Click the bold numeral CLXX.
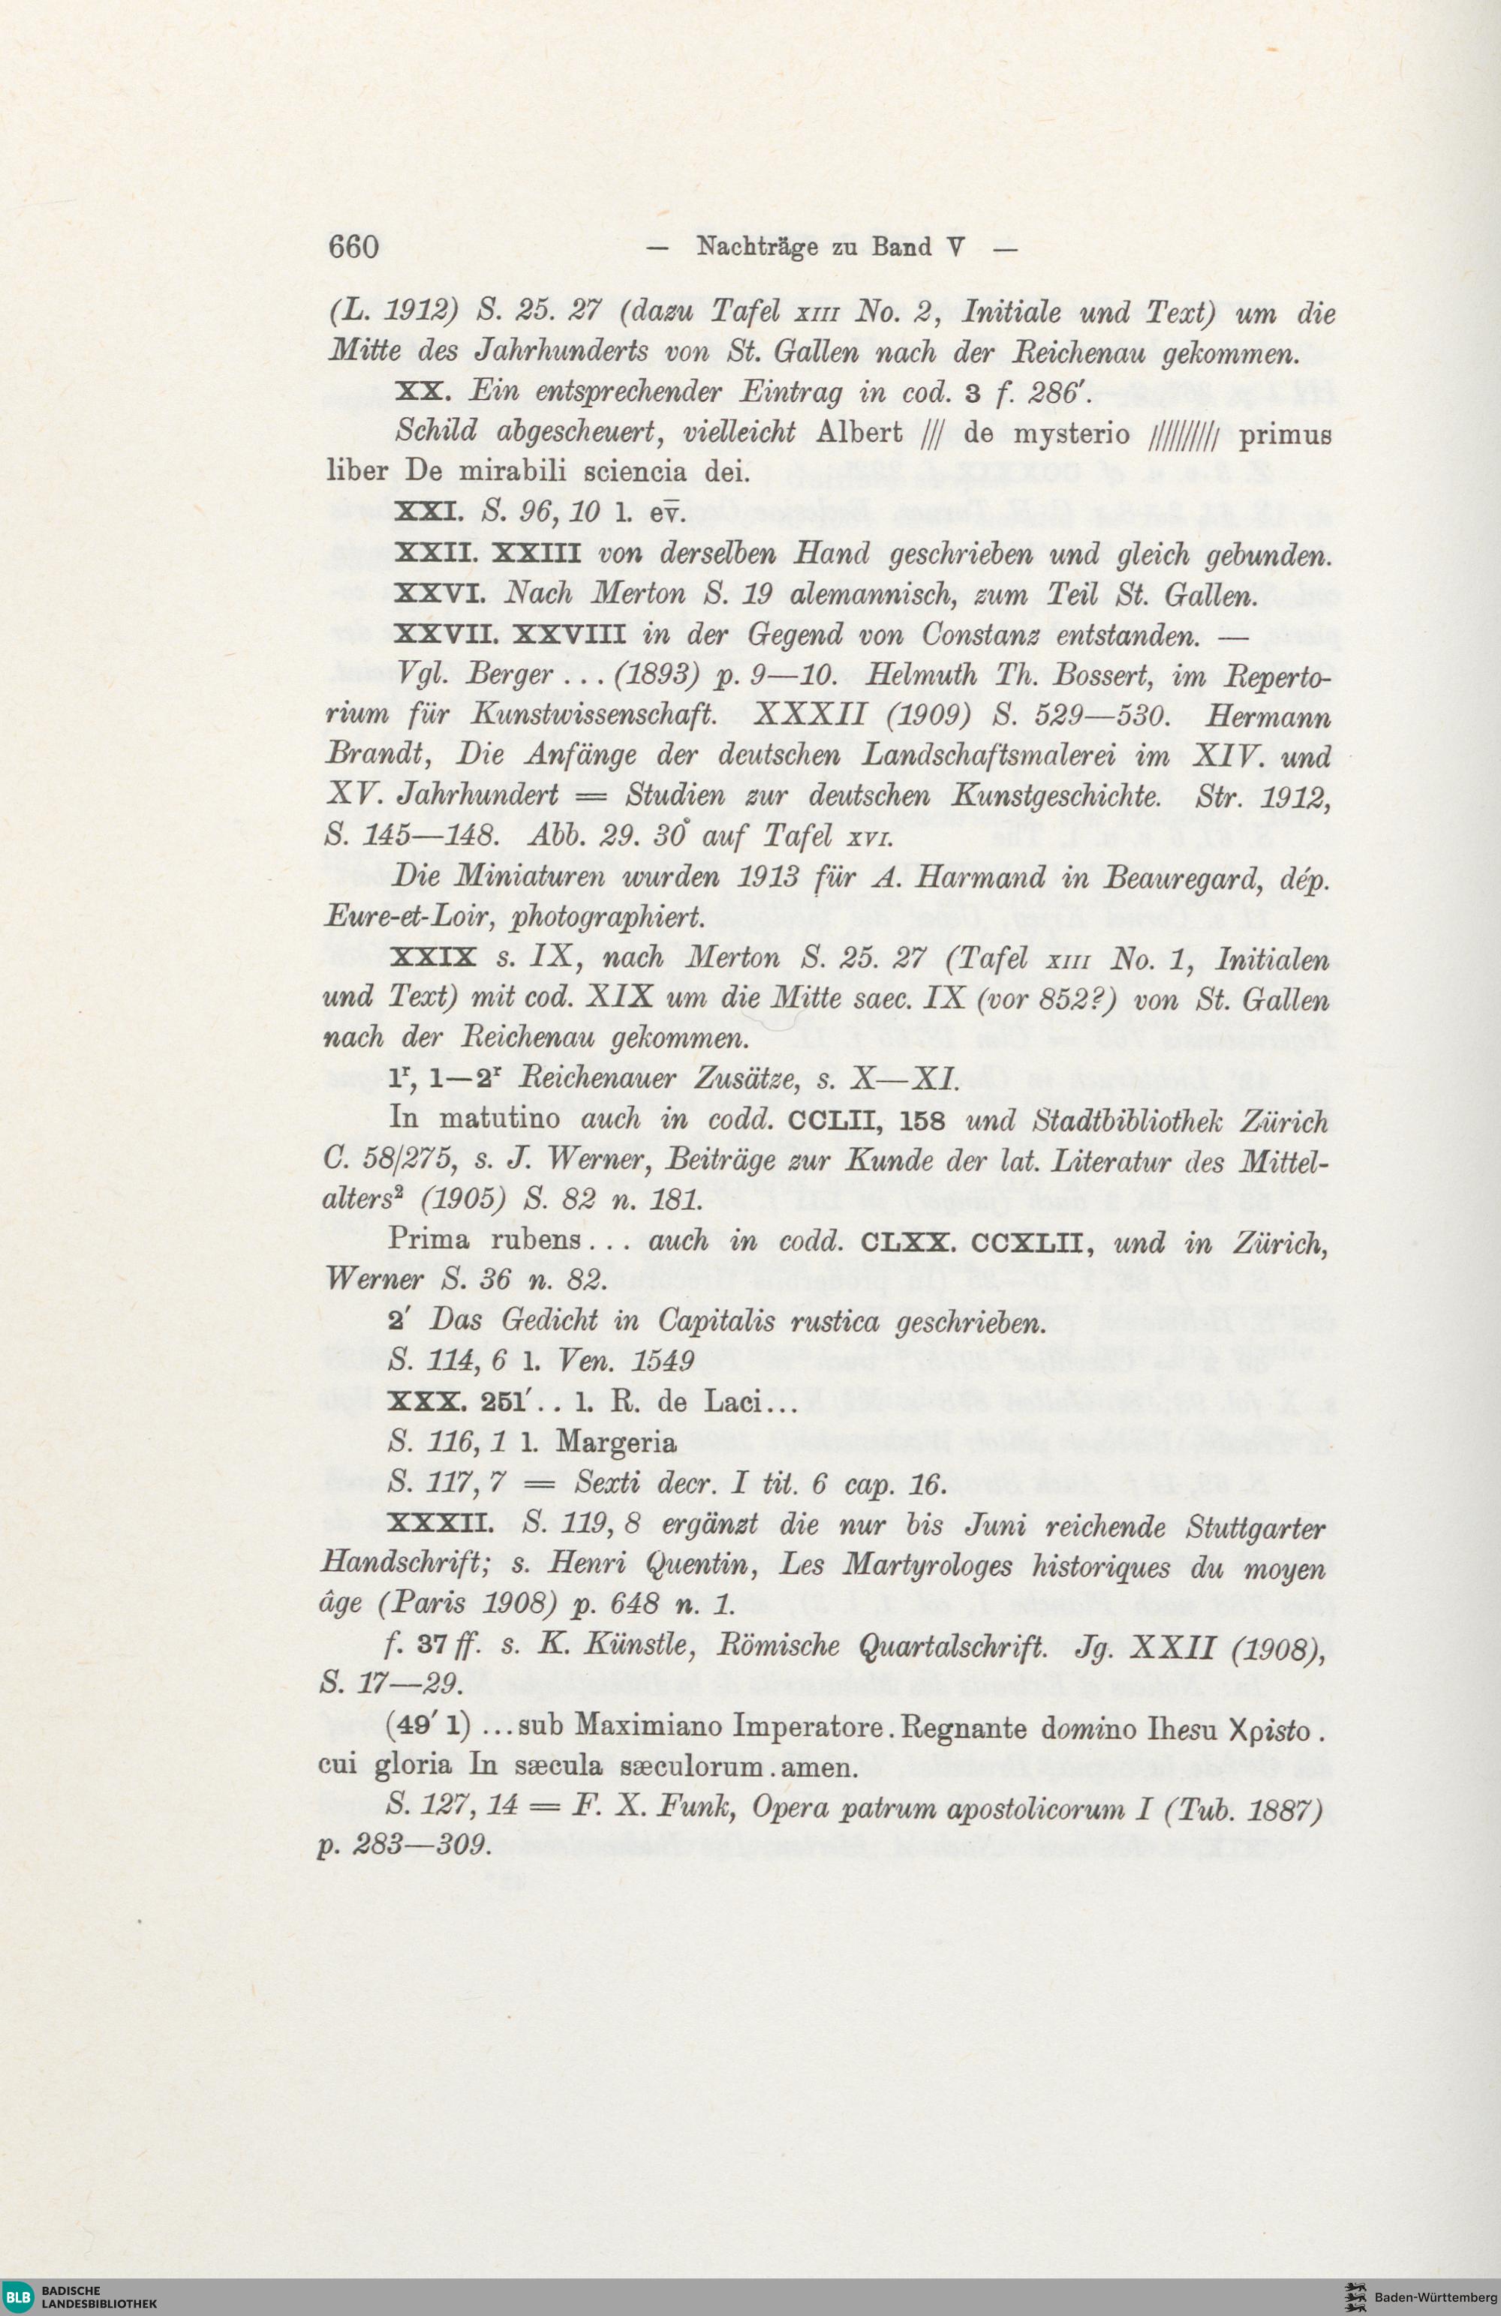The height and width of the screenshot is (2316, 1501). click(x=908, y=1242)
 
